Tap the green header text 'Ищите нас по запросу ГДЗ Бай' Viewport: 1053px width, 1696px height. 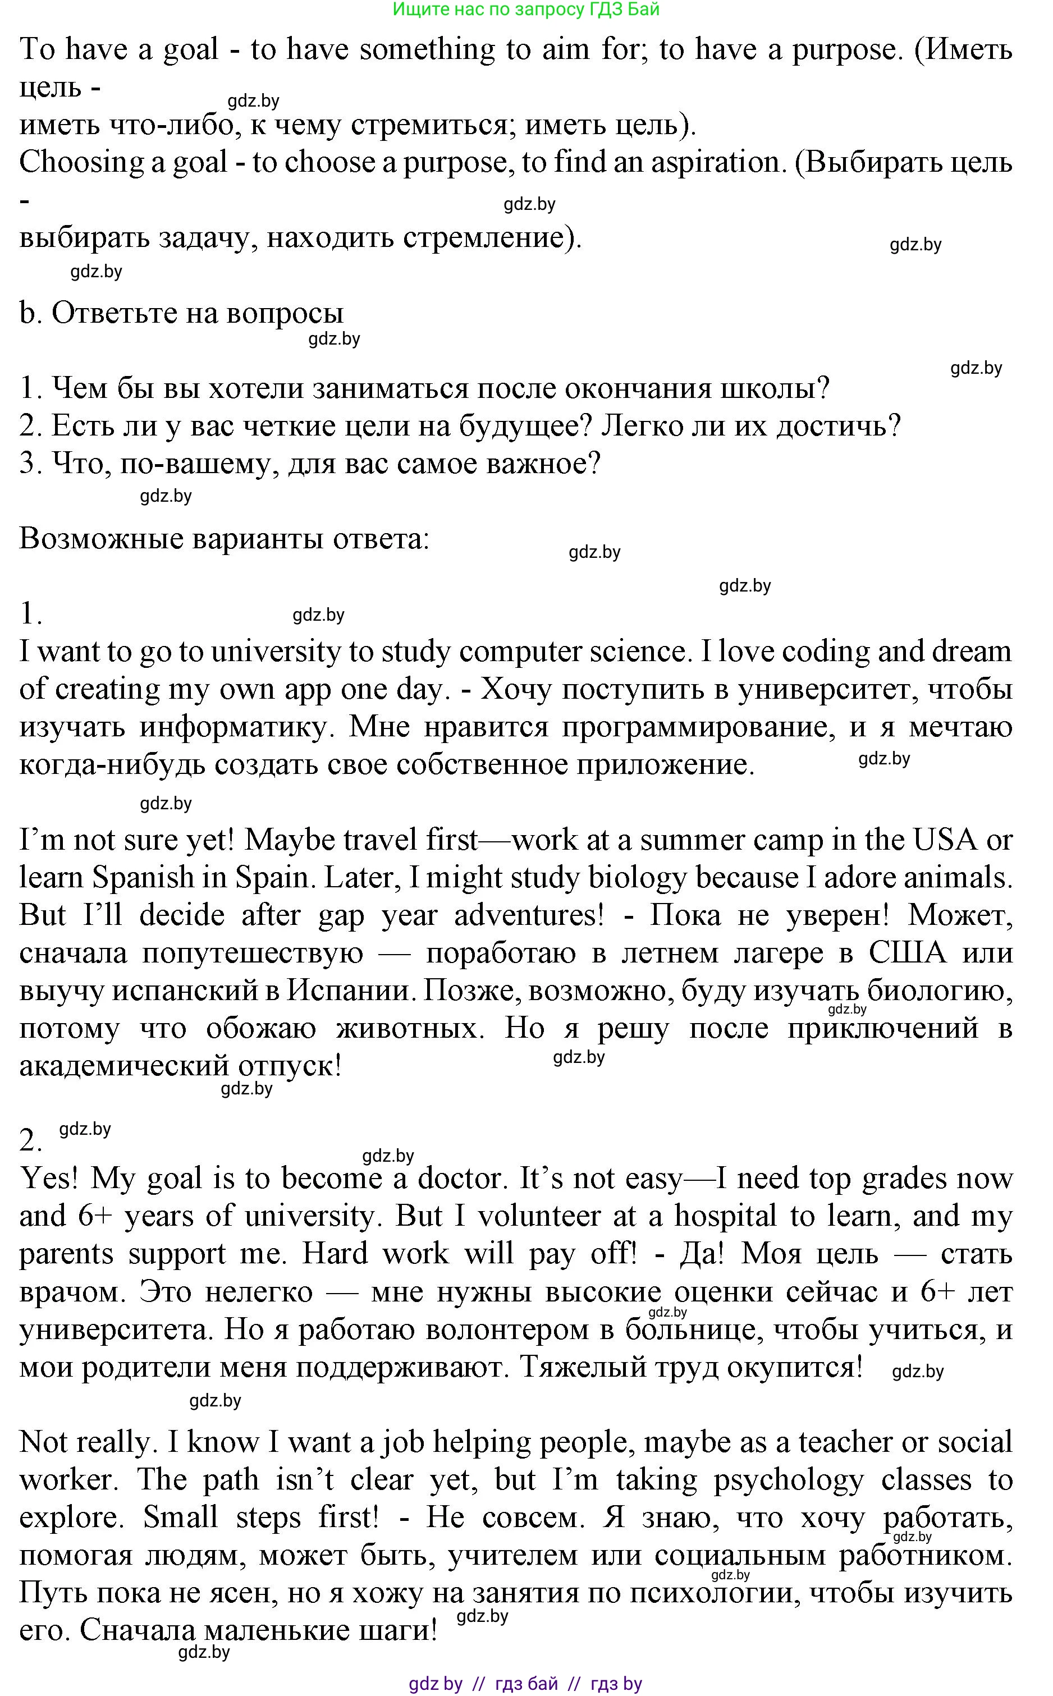click(x=526, y=9)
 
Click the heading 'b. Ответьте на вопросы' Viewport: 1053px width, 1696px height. click(x=182, y=313)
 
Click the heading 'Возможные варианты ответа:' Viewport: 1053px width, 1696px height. click(x=225, y=539)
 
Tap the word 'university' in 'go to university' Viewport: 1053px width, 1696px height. click(x=274, y=652)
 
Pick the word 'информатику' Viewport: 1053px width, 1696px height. click(x=235, y=727)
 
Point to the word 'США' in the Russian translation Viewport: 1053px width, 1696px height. click(x=908, y=953)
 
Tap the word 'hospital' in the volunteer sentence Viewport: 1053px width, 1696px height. click(x=724, y=1216)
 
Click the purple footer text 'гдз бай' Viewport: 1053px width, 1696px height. click(x=526, y=1684)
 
